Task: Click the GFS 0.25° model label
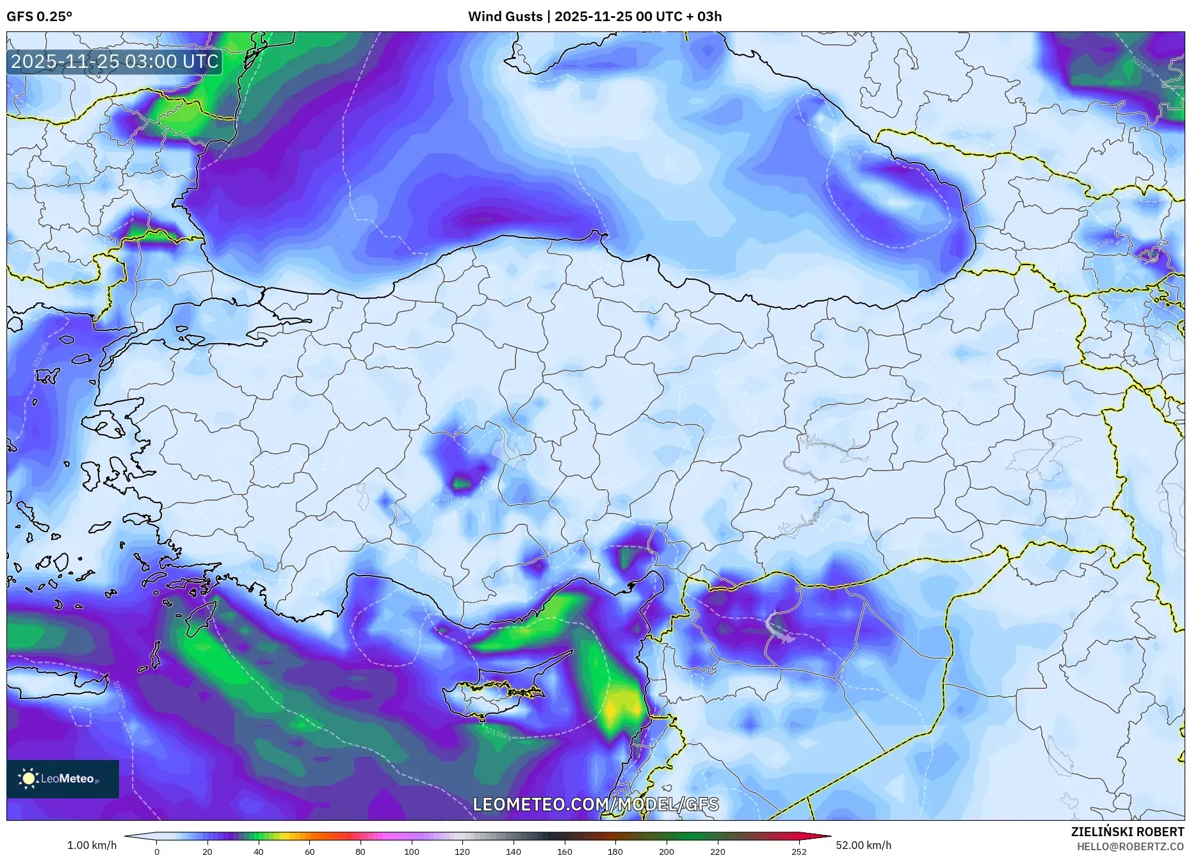coord(39,17)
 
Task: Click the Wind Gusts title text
coord(594,17)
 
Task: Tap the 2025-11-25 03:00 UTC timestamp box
coord(115,61)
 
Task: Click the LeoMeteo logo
coord(62,779)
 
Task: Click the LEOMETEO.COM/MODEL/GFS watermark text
coord(595,804)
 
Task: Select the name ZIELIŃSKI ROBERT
coord(1127,832)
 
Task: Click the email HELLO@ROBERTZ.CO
coord(1130,846)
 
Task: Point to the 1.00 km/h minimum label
coord(92,845)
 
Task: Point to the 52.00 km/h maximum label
coord(863,845)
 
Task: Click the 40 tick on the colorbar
coord(258,851)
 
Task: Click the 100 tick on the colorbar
coord(411,851)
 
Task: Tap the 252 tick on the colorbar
coord(798,851)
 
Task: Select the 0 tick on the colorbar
coord(156,851)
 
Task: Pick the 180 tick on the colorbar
coord(615,851)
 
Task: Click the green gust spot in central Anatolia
coord(460,481)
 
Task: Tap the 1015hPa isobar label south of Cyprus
coord(497,731)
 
